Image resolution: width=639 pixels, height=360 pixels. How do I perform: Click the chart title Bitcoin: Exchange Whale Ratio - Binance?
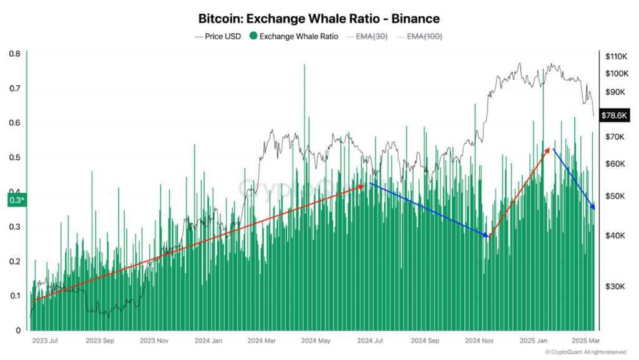pos(319,19)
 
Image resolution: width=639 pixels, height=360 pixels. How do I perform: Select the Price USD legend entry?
pos(217,37)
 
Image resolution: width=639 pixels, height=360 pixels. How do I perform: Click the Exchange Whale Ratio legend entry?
pos(293,37)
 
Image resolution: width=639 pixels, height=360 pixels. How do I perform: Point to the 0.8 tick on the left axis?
pos(15,54)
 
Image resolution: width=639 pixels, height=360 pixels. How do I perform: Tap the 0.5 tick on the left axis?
pos(15,157)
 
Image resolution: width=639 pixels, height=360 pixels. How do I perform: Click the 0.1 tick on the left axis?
pos(15,296)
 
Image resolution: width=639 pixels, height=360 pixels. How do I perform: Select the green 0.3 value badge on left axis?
pos(16,200)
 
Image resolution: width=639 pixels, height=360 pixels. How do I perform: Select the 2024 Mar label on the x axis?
pos(261,341)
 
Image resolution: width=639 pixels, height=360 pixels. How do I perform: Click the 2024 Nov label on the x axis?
pos(479,341)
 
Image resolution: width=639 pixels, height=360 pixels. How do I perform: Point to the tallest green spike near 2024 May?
pos(305,65)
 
